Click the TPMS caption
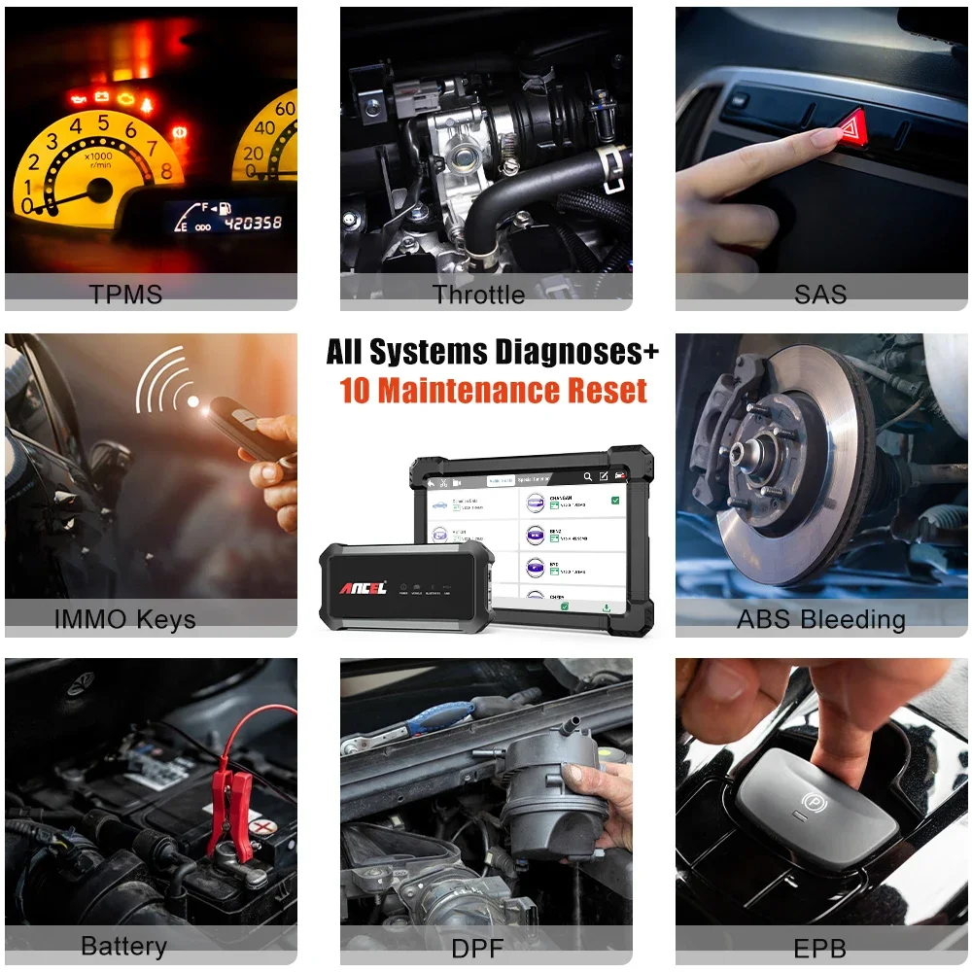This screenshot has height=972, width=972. [x=125, y=294]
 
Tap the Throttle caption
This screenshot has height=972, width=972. [x=478, y=294]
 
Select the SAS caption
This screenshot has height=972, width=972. [x=820, y=294]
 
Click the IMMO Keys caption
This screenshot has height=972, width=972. [x=125, y=619]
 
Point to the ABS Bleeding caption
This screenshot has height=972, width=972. [x=821, y=619]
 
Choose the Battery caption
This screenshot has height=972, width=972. [x=123, y=946]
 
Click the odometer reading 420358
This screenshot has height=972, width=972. [x=253, y=224]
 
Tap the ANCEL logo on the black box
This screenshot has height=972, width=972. [x=363, y=587]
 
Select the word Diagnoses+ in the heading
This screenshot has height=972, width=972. [x=573, y=352]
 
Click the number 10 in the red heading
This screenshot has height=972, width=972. [x=356, y=391]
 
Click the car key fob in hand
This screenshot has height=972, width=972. [x=243, y=428]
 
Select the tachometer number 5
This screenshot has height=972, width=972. [x=102, y=123]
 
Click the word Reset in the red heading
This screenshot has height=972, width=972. [x=603, y=391]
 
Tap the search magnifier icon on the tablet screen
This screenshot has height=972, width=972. [x=587, y=477]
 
